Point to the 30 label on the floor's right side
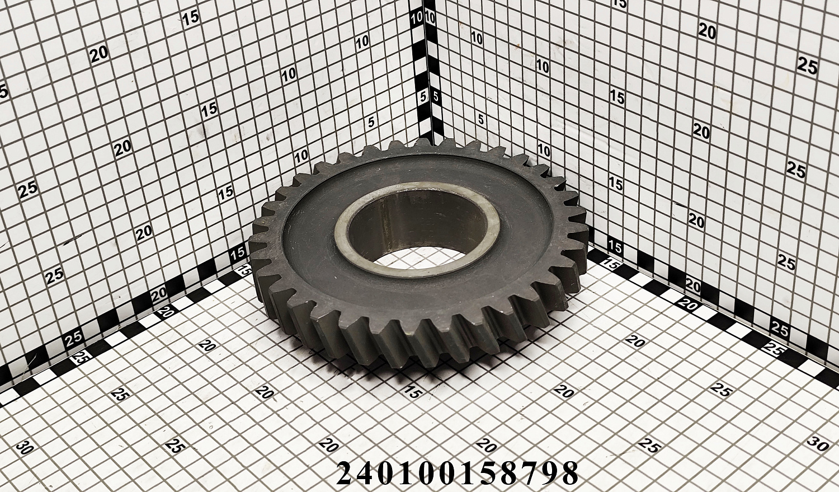(x=818, y=443)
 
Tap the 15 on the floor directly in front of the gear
(x=413, y=392)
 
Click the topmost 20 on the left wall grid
(x=99, y=55)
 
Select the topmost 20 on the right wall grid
(x=707, y=32)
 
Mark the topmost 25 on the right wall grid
(x=807, y=67)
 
